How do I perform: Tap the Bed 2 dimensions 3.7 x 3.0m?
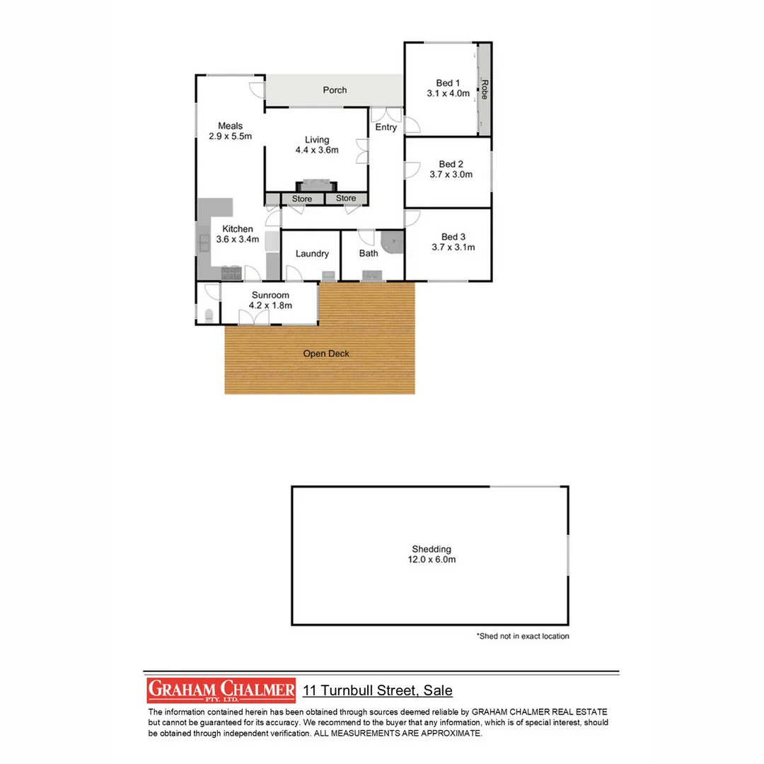point(451,175)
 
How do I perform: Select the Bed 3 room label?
point(453,237)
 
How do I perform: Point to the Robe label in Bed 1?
point(485,89)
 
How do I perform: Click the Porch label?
point(335,90)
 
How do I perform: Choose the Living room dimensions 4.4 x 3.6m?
point(317,150)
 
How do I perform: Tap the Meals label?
point(230,126)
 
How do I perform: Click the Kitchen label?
point(238,228)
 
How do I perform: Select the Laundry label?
point(312,254)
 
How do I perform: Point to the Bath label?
point(369,253)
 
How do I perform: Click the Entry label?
point(386,127)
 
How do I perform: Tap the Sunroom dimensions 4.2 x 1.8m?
point(270,306)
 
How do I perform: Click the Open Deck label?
point(326,354)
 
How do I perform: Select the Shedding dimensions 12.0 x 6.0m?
point(431,560)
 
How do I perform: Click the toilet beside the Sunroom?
point(208,316)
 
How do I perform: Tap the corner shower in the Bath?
point(392,243)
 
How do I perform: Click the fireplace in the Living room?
point(316,185)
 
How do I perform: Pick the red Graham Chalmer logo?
point(221,690)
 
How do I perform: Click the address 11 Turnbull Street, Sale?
point(378,690)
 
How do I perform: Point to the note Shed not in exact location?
point(523,636)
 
